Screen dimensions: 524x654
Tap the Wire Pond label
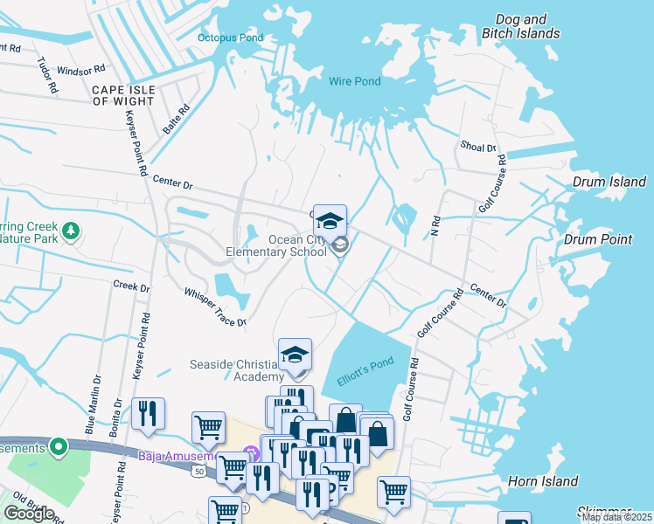click(355, 81)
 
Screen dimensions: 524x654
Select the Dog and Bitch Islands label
click(520, 26)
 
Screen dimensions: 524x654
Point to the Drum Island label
click(609, 183)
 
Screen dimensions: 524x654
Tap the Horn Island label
click(542, 481)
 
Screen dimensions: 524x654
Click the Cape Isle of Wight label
click(123, 95)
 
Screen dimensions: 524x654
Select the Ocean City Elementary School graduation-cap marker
click(330, 221)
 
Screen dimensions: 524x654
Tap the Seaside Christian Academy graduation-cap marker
click(296, 355)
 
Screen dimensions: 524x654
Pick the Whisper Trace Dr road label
click(214, 308)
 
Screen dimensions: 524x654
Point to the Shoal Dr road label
click(478, 148)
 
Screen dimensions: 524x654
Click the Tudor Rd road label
click(47, 75)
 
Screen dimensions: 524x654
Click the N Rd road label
click(434, 226)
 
